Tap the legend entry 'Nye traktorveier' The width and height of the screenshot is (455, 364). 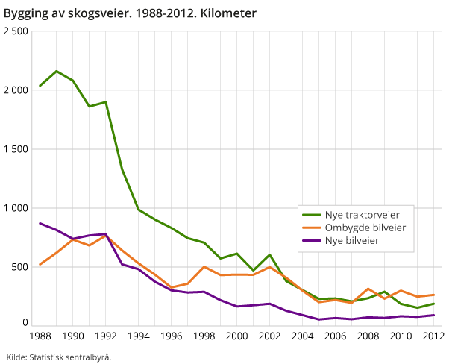360,213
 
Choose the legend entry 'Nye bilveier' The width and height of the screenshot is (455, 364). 352,240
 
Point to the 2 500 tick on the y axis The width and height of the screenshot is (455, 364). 16,31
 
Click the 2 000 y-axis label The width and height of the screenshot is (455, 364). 16,90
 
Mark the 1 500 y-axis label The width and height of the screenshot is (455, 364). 16,148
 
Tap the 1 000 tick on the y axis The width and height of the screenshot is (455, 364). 16,207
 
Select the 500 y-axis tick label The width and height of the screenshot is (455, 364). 20,266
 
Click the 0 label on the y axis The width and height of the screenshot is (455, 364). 25,323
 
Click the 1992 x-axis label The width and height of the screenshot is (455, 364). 105,336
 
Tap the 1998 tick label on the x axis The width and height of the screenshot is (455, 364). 204,336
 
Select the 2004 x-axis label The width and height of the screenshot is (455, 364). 302,336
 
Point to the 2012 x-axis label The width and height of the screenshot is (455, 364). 433,336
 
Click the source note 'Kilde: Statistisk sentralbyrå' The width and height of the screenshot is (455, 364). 59,357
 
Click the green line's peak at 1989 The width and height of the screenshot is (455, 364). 57,71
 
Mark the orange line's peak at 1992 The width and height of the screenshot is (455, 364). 106,235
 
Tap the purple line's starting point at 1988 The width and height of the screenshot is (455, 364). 40,223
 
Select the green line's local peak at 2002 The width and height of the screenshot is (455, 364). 269,254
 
